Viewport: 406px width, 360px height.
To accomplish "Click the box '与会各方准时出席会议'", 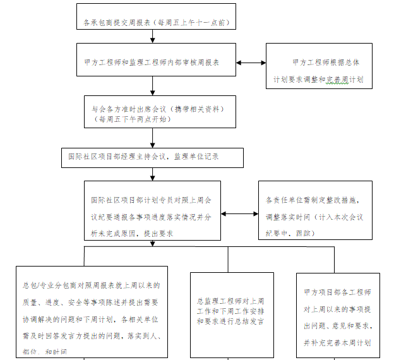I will pyautogui.click(x=160, y=112).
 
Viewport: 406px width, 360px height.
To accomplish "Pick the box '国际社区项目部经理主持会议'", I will pyautogui.click(x=152, y=157).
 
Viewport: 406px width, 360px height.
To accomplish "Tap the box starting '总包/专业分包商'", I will pyautogui.click(x=92, y=310).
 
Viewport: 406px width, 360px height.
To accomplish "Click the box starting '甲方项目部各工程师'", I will pyautogui.click(x=338, y=316).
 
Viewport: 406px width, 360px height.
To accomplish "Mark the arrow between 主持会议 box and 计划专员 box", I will pyautogui.click(x=153, y=174).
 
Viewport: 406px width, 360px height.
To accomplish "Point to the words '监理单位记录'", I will pyautogui.click(x=196, y=157).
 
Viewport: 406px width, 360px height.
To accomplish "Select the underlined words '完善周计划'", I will pyautogui.click(x=345, y=81).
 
